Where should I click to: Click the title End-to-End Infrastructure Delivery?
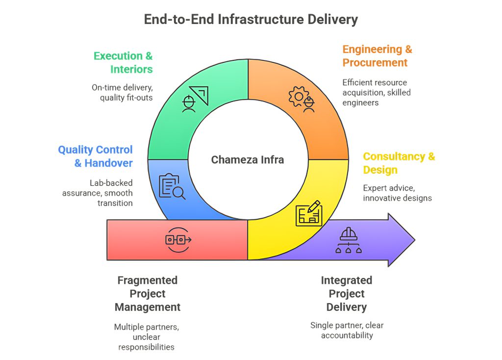click(251, 19)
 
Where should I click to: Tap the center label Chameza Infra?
click(248, 160)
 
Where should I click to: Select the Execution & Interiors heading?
click(123, 62)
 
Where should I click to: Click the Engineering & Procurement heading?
click(377, 56)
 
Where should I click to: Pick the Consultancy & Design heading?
click(399, 163)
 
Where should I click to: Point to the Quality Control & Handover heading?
click(96, 156)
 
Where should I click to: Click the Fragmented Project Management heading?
click(148, 294)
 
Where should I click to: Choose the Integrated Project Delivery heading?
click(347, 294)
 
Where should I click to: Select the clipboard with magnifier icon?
click(172, 187)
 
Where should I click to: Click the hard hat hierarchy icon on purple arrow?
click(349, 240)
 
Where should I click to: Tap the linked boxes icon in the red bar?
click(178, 240)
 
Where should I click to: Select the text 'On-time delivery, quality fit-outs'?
click(122, 92)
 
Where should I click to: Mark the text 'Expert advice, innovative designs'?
click(397, 193)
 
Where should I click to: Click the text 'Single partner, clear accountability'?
click(347, 330)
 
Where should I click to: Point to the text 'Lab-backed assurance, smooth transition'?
click(98, 193)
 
